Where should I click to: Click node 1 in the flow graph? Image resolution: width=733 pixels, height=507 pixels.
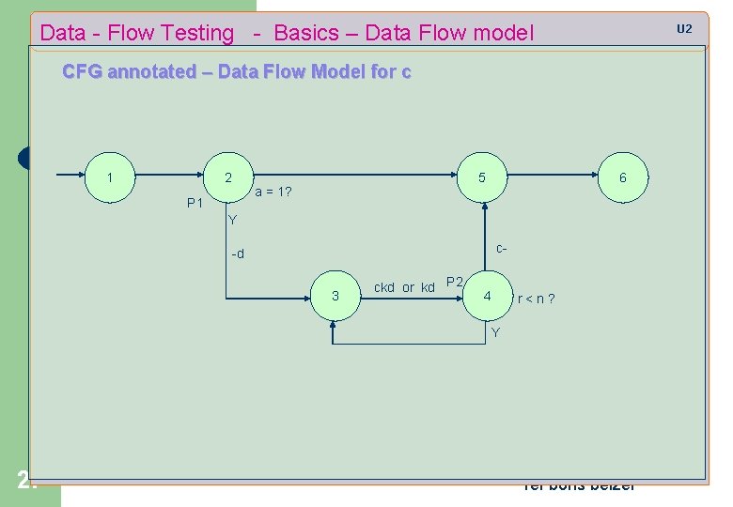click(111, 177)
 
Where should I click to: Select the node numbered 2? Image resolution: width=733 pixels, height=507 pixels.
click(228, 177)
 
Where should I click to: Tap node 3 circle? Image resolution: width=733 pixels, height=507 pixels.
click(335, 297)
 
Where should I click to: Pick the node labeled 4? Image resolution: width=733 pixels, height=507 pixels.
click(487, 297)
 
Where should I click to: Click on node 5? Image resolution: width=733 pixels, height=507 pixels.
click(481, 177)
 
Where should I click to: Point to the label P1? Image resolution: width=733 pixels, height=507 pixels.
click(195, 203)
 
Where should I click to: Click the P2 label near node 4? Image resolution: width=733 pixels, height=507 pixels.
click(455, 282)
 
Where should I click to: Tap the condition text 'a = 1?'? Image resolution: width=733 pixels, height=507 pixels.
click(273, 192)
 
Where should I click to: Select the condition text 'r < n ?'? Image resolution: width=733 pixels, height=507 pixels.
click(536, 300)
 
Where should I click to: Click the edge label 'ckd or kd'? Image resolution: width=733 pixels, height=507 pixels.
click(404, 288)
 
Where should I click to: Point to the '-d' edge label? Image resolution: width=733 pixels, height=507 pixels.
click(238, 254)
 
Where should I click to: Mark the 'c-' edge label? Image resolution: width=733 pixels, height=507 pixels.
click(502, 250)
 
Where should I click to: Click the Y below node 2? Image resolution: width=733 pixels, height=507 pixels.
click(233, 221)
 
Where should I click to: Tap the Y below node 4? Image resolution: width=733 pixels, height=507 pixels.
click(496, 333)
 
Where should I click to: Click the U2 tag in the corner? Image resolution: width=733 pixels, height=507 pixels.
click(684, 29)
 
